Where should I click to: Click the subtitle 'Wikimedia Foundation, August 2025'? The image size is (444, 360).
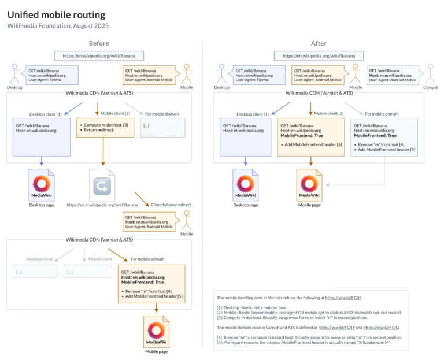pos(58,26)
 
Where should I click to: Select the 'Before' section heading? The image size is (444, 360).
pos(99,43)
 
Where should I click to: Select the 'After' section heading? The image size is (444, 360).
pos(319,43)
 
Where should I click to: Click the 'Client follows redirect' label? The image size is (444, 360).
pos(172,205)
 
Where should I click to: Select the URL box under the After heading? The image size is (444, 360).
pos(319,56)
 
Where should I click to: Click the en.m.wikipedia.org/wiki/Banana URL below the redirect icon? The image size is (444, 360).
pos(102,205)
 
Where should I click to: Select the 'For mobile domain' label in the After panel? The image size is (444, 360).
pos(382,114)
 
